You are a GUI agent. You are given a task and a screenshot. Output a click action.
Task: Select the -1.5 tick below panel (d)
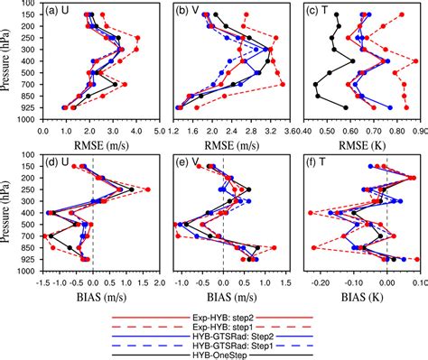pyautogui.click(x=42, y=281)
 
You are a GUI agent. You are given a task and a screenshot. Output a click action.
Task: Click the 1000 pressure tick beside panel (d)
pyautogui.click(x=30, y=271)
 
